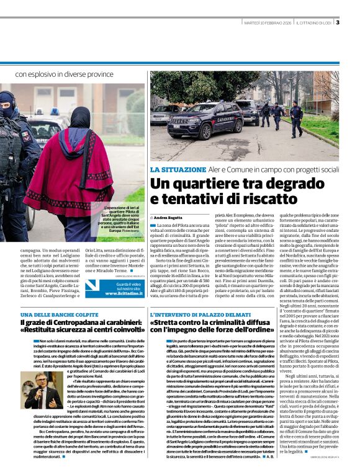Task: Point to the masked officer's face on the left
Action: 9,106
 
